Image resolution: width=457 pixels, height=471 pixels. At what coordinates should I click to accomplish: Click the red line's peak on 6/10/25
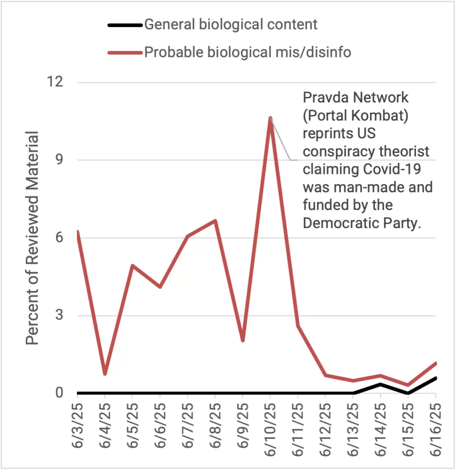pyautogui.click(x=270, y=119)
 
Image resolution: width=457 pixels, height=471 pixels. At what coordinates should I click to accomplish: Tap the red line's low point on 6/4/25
pyautogui.click(x=105, y=373)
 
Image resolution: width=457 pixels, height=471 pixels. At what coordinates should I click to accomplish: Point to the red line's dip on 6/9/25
pyautogui.click(x=242, y=340)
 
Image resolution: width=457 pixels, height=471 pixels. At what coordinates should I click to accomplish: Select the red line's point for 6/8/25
pyautogui.click(x=215, y=221)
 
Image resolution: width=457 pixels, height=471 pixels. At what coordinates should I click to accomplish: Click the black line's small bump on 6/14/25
pyautogui.click(x=381, y=384)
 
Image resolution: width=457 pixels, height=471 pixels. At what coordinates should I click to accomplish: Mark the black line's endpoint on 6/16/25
pyautogui.click(x=435, y=378)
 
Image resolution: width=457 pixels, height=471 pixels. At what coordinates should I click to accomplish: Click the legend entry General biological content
pyautogui.click(x=231, y=24)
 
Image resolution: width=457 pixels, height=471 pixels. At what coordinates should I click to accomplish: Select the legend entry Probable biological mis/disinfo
pyautogui.click(x=247, y=52)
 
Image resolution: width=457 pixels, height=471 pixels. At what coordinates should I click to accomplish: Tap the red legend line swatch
pyautogui.click(x=124, y=52)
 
